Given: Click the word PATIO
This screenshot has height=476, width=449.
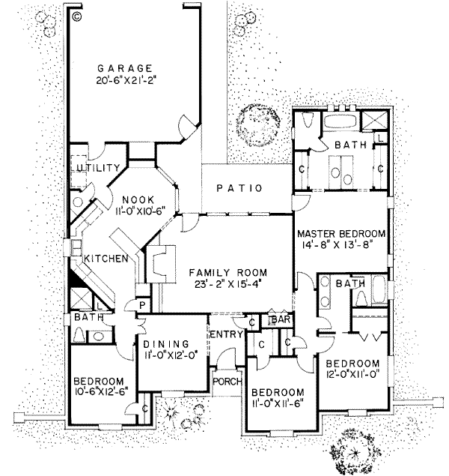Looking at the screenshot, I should (x=239, y=188).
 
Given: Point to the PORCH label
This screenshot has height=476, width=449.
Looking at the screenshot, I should (x=227, y=382).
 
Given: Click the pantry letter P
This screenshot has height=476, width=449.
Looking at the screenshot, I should (x=140, y=305).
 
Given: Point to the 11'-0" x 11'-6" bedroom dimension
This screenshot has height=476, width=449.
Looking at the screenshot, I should (x=278, y=406).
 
